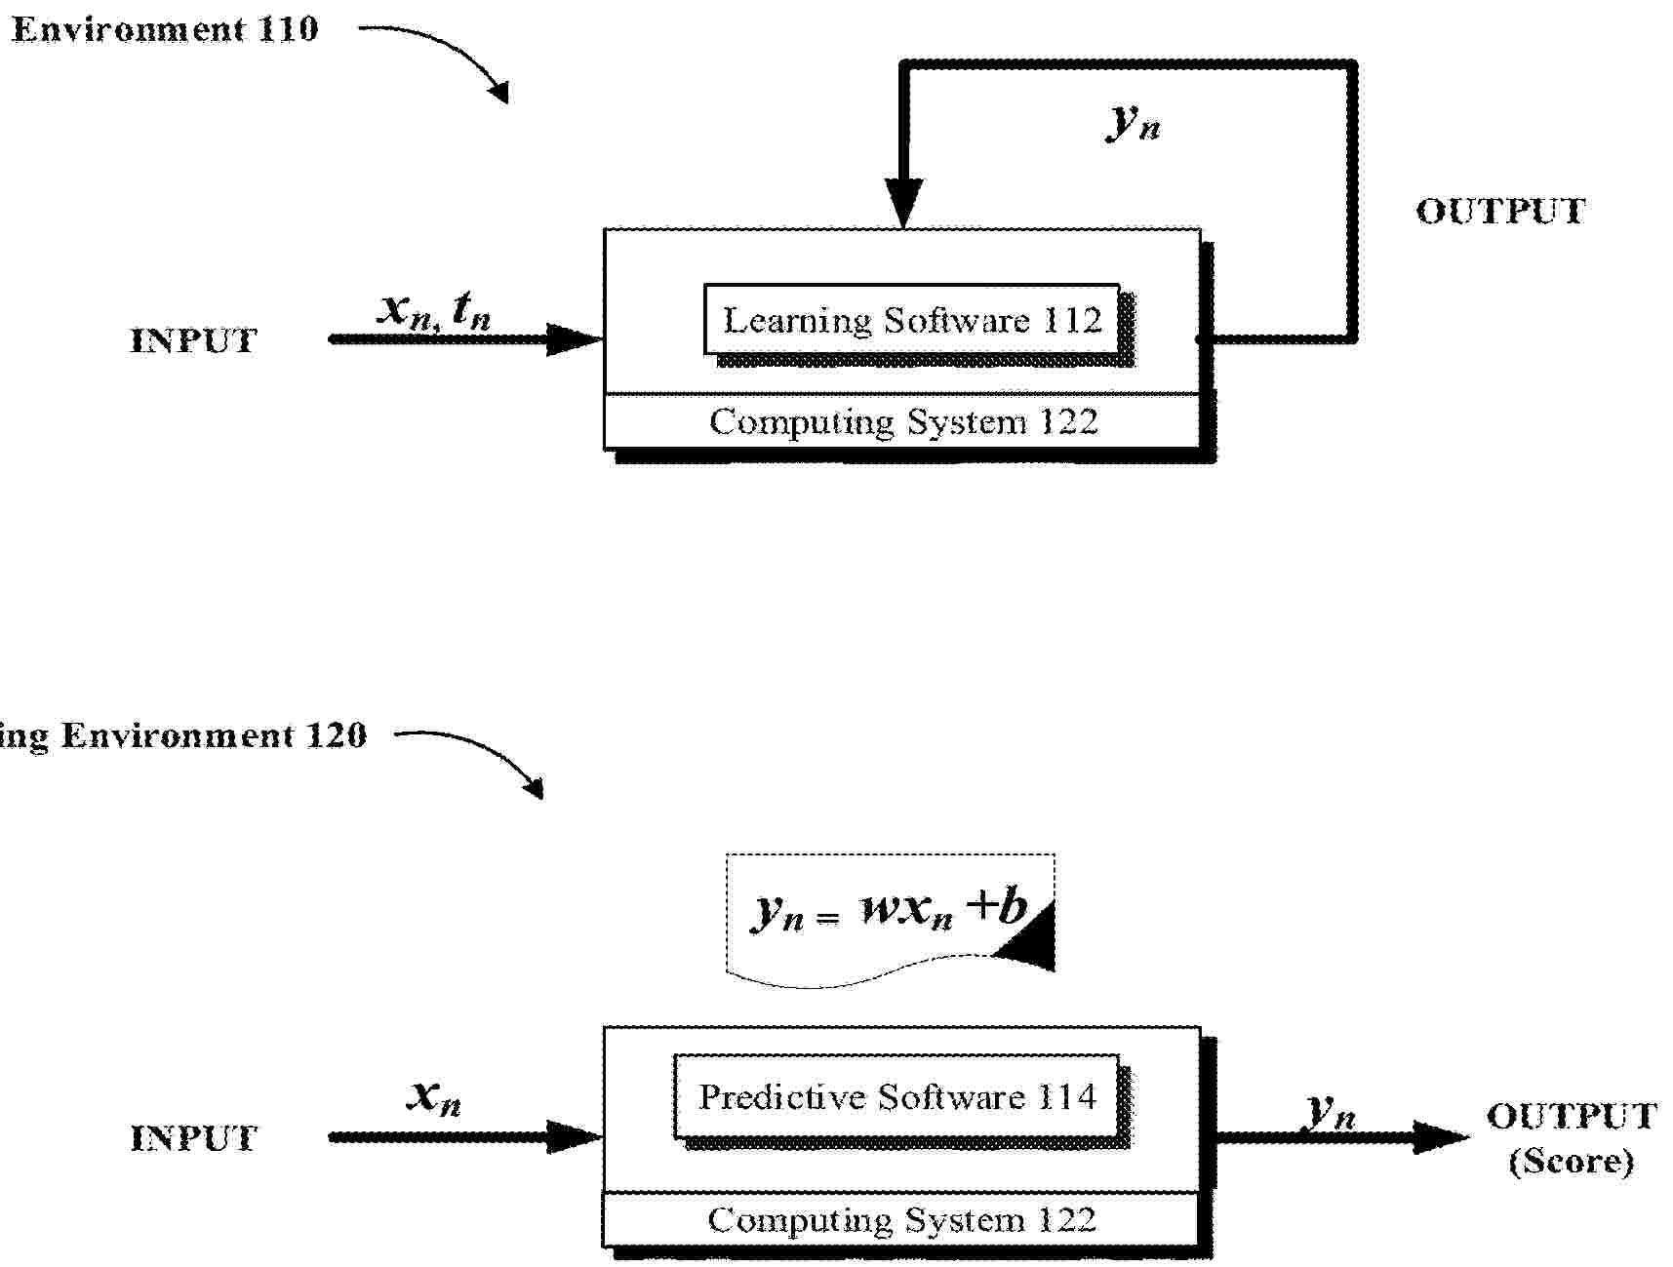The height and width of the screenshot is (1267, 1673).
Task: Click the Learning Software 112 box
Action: tap(911, 319)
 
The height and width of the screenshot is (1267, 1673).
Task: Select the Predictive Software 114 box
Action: tap(896, 1096)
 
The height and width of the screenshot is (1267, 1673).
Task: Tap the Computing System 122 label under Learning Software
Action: tap(903, 422)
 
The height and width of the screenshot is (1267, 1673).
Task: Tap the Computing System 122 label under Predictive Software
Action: tap(901, 1220)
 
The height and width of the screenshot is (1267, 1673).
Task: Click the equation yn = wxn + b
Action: tap(889, 911)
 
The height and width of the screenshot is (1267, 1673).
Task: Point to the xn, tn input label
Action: tap(434, 310)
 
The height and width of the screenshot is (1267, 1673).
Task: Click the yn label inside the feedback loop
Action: tap(1134, 121)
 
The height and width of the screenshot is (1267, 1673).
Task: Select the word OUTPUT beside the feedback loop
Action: tap(1500, 212)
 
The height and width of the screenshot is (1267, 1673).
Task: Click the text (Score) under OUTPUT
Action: tap(1571, 1162)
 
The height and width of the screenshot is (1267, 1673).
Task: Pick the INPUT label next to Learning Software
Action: tap(193, 340)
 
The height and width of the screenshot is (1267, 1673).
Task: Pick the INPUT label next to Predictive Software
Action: tap(193, 1138)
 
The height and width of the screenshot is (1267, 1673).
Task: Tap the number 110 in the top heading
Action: tap(289, 29)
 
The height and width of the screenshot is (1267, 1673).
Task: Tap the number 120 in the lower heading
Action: tap(337, 734)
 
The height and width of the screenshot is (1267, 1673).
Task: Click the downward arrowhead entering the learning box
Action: tap(903, 204)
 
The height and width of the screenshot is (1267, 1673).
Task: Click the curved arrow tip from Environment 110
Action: tap(501, 94)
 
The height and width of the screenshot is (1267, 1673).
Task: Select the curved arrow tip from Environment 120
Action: tap(535, 789)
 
